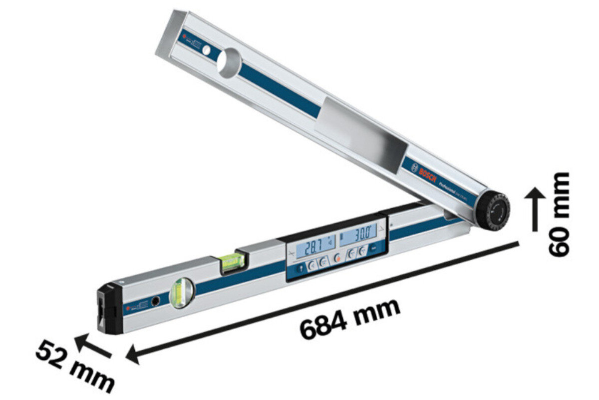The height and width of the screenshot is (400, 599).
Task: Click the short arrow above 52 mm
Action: click(x=93, y=346)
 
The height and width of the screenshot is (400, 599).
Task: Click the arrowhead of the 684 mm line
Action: click(x=132, y=355)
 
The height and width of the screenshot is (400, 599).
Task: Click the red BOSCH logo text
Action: click(x=428, y=172)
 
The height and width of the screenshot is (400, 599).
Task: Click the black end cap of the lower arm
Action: click(x=109, y=307)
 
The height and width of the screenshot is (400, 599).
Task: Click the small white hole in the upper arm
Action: click(x=206, y=50)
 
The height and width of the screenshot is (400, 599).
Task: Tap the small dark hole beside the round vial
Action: click(x=156, y=300)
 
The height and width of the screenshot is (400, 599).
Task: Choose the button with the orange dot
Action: click(x=337, y=257)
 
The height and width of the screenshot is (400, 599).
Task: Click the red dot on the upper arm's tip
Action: click(x=184, y=36)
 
